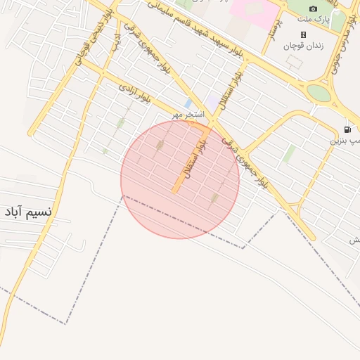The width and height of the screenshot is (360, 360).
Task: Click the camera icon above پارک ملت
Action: tap(314, 8)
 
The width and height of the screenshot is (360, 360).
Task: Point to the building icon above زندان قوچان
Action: tap(303, 34)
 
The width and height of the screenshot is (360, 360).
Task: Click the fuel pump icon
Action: tap(347, 129)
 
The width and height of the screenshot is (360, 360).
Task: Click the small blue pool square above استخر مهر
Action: tap(188, 103)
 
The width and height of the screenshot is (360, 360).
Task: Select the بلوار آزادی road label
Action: tap(135, 94)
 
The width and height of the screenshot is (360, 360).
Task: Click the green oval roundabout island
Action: tap(319, 93)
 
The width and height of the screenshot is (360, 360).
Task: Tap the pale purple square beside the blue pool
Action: tap(212, 103)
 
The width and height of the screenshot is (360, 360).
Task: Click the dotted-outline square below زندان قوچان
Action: tap(294, 62)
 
